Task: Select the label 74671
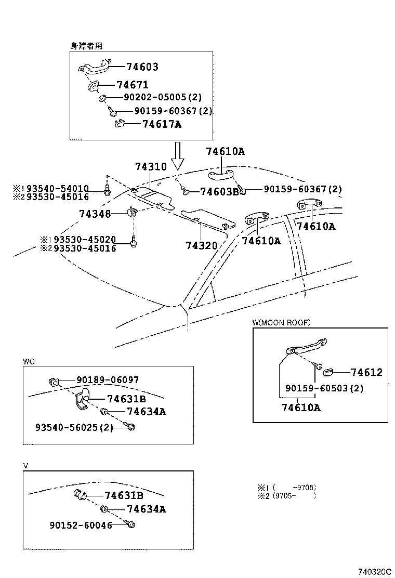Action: [133, 85]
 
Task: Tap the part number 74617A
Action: [162, 125]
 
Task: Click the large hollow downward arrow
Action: [178, 156]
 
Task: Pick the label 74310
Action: [151, 167]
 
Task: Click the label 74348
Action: [95, 214]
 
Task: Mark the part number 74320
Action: [202, 245]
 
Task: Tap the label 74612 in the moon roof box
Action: [366, 372]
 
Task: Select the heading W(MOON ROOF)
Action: [281, 323]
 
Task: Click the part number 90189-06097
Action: [108, 380]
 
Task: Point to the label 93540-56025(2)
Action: [74, 427]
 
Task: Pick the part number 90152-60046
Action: [81, 526]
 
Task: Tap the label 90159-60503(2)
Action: [323, 389]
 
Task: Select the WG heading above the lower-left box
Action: [29, 361]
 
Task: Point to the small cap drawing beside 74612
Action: [328, 372]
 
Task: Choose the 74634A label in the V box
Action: [146, 509]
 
